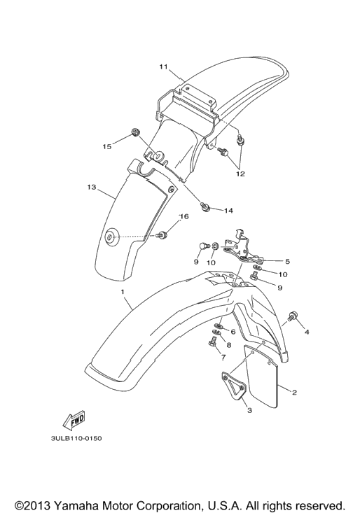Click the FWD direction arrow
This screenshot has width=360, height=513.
[74, 421]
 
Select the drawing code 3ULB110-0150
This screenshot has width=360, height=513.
[76, 438]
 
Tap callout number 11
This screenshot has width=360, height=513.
[164, 66]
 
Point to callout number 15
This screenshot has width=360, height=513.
[107, 146]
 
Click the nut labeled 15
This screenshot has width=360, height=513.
[134, 132]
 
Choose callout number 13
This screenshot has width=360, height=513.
[92, 187]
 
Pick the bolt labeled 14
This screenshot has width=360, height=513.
[205, 206]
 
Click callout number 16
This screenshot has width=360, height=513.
[184, 216]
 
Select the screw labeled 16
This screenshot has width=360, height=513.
[162, 234]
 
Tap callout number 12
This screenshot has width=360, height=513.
[240, 174]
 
